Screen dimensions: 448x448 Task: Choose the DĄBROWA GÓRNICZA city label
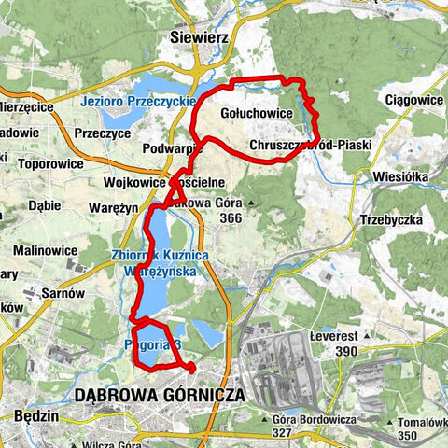coord(164,395)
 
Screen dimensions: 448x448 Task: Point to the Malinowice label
coord(46,251)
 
